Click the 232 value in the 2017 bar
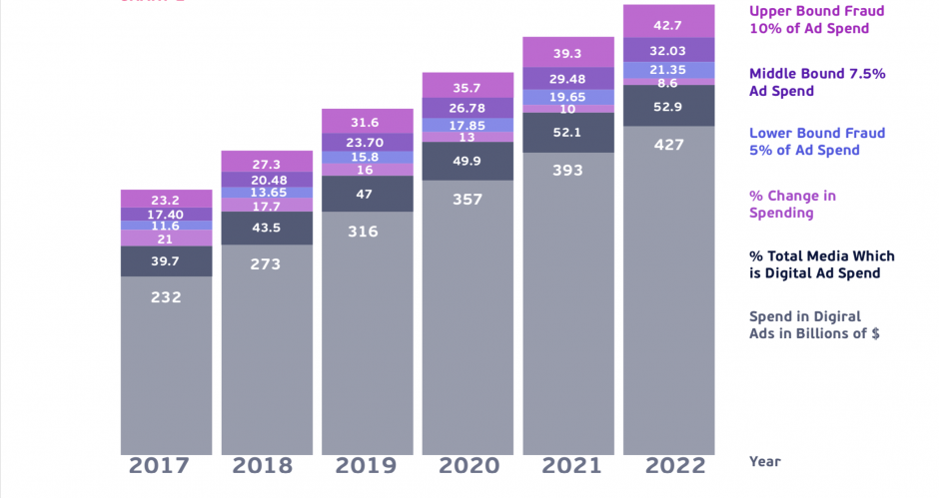(x=167, y=296)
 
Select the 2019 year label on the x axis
(x=368, y=466)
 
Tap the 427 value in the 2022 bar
(x=668, y=145)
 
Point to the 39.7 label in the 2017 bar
(x=167, y=261)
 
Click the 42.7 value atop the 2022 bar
(x=668, y=25)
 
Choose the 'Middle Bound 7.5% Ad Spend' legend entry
(x=817, y=82)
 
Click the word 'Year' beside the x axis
(x=765, y=461)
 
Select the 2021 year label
(x=568, y=466)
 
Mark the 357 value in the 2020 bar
(x=468, y=200)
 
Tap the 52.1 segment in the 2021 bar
(x=568, y=132)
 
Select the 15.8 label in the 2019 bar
(x=368, y=157)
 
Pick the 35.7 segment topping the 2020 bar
(x=468, y=87)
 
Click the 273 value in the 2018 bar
(x=267, y=264)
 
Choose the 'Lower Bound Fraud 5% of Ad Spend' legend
(x=804, y=142)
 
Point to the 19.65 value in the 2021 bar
(x=568, y=97)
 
